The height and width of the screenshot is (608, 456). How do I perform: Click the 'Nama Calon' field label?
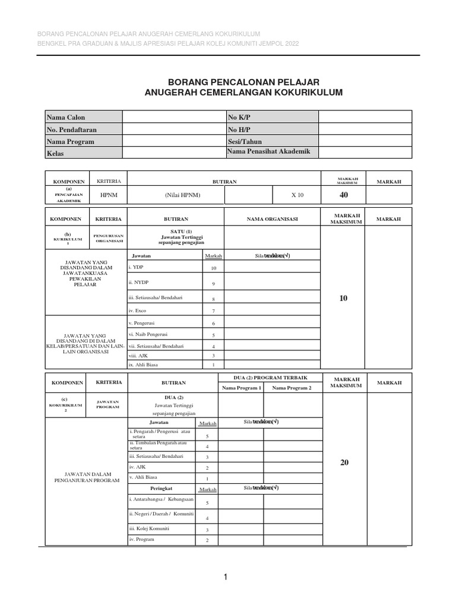66,118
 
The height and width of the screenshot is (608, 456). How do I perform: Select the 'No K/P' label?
239,118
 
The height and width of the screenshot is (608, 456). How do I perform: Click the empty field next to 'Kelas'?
173,153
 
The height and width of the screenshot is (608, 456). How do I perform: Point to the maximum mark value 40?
344,195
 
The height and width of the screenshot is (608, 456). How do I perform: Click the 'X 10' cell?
296,195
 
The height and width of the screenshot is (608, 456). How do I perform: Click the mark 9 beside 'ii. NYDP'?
213,284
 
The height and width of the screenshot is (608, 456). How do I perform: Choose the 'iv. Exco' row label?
137,311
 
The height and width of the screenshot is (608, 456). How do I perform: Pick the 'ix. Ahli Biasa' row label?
143,364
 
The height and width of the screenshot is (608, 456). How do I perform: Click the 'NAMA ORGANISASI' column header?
273,219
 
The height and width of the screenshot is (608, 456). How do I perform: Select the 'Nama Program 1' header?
242,388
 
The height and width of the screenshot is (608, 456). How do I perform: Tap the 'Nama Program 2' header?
292,388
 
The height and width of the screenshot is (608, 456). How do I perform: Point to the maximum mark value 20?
344,463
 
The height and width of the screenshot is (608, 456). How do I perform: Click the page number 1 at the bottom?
226,577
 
